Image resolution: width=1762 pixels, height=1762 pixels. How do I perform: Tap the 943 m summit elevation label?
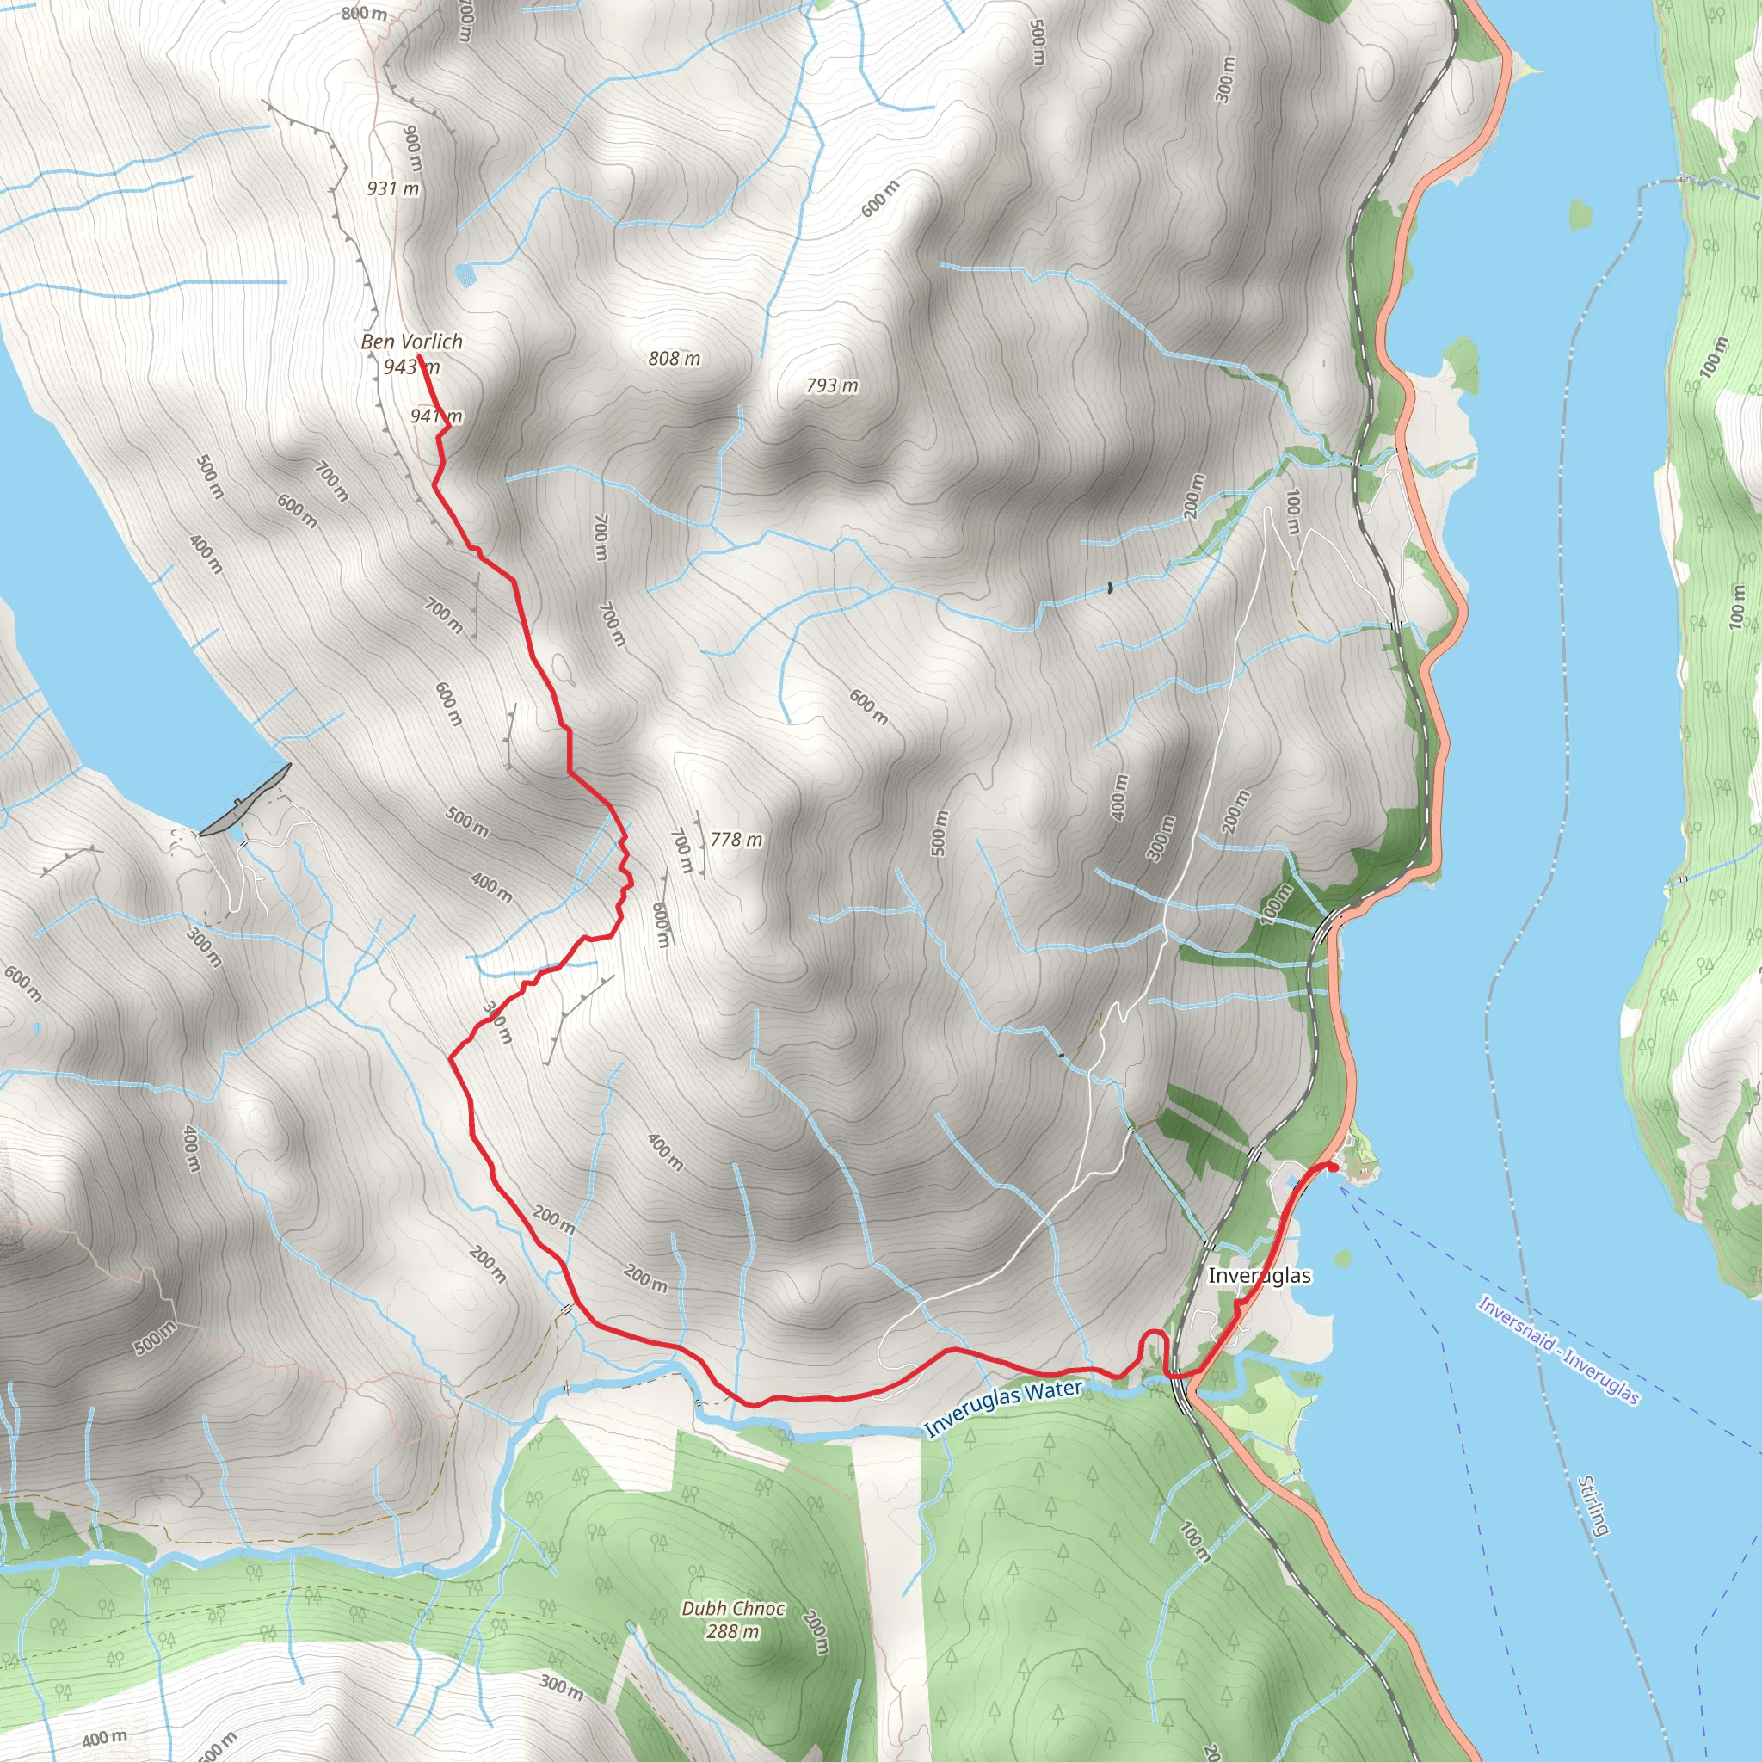coord(411,367)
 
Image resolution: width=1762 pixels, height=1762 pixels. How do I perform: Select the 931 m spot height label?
coord(393,188)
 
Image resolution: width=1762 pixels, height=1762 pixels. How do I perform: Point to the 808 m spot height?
coord(674,360)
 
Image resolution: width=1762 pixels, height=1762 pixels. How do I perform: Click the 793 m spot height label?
coord(832,385)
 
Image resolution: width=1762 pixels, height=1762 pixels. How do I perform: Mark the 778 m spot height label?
coord(736,839)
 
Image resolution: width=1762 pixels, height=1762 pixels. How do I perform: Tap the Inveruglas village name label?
coord(1260,1276)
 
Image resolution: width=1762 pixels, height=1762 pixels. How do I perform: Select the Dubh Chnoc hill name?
coord(732,1609)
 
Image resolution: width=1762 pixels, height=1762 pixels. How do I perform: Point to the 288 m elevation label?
coord(731,1630)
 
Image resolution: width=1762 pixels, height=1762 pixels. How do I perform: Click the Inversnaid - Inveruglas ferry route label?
coord(1559,1351)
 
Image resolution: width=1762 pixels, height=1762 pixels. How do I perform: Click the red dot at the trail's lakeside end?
coord(1333,1167)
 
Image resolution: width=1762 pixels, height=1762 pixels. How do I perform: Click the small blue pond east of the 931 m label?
coord(465,274)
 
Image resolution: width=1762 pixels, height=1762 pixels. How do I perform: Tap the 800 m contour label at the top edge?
coord(364,14)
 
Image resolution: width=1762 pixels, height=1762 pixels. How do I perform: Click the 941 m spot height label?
coord(436,416)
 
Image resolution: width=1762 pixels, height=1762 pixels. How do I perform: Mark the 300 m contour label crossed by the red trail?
coord(498,1022)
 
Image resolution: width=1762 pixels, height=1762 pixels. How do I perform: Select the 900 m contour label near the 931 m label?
coord(413,148)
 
